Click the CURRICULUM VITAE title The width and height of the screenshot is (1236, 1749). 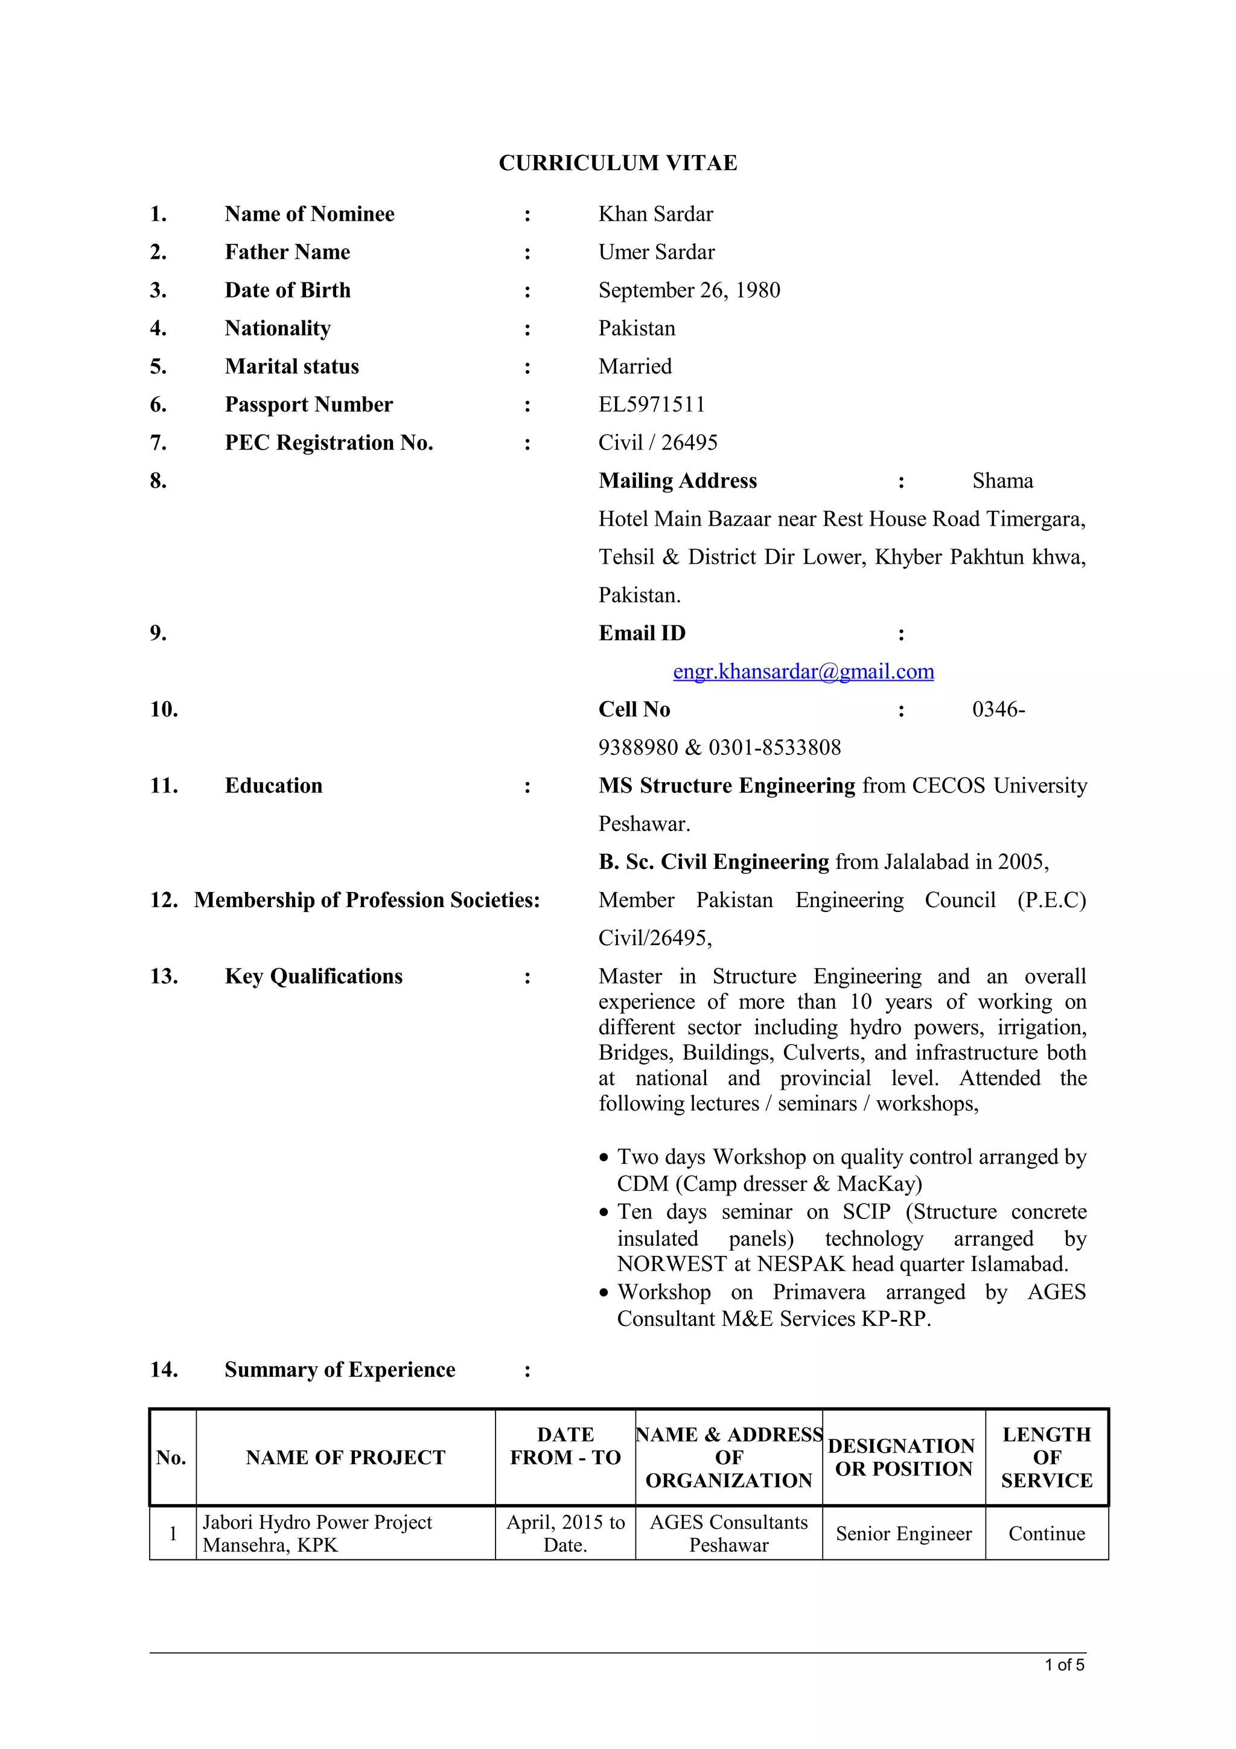(x=617, y=163)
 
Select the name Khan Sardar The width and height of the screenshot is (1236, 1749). (x=655, y=214)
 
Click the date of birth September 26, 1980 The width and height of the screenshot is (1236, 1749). (x=689, y=290)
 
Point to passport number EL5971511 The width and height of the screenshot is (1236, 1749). (x=651, y=404)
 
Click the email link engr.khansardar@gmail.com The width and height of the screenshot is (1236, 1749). (x=803, y=671)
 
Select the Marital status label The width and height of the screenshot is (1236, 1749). (x=291, y=366)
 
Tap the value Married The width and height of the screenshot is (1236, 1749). (x=634, y=366)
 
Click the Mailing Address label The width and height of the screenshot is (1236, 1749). (x=677, y=480)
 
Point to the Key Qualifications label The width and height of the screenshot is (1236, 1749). (x=313, y=976)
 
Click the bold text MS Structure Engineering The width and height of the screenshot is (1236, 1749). (x=727, y=785)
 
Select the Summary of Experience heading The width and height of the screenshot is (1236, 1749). (x=340, y=1369)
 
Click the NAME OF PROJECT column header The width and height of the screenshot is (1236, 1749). (x=345, y=1458)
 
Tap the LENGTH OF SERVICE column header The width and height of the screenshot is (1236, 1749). (x=1046, y=1458)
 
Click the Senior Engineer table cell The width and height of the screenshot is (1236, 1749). (x=903, y=1534)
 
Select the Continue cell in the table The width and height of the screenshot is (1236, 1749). (x=1046, y=1534)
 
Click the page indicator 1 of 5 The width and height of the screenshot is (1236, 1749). (x=1064, y=1665)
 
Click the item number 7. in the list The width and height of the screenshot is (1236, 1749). (x=158, y=442)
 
